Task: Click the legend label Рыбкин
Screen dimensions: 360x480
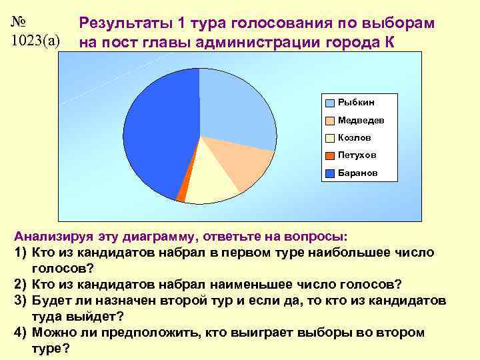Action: tap(356, 102)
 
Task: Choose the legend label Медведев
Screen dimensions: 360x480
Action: tap(361, 120)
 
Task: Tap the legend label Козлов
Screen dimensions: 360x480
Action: tap(355, 137)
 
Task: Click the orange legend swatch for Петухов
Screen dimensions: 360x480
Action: tap(330, 155)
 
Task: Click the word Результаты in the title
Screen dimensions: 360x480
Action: tap(126, 23)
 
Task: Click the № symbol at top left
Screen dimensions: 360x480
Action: tap(21, 21)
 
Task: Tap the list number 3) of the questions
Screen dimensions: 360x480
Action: tap(20, 301)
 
